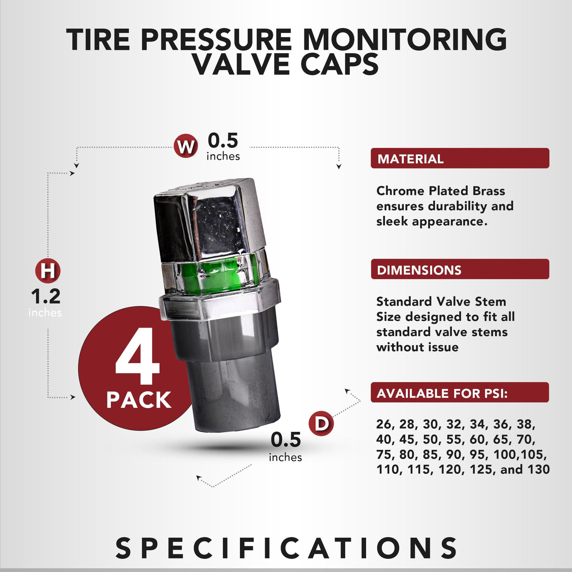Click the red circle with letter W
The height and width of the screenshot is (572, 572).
[186, 146]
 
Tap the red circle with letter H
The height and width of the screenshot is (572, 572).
[48, 271]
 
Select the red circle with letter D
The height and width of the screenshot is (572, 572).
[321, 423]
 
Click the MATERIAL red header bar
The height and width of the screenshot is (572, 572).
[460, 158]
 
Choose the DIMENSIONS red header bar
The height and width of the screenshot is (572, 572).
[460, 269]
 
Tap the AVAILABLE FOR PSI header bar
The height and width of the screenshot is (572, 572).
[460, 392]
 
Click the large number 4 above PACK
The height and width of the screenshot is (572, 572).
[137, 356]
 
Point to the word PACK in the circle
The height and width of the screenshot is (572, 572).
[139, 400]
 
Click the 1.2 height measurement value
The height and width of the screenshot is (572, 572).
[46, 296]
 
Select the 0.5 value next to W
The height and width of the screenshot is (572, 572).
[223, 141]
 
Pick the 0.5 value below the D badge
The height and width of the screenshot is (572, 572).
[286, 440]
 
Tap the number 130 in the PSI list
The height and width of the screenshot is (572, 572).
[538, 469]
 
